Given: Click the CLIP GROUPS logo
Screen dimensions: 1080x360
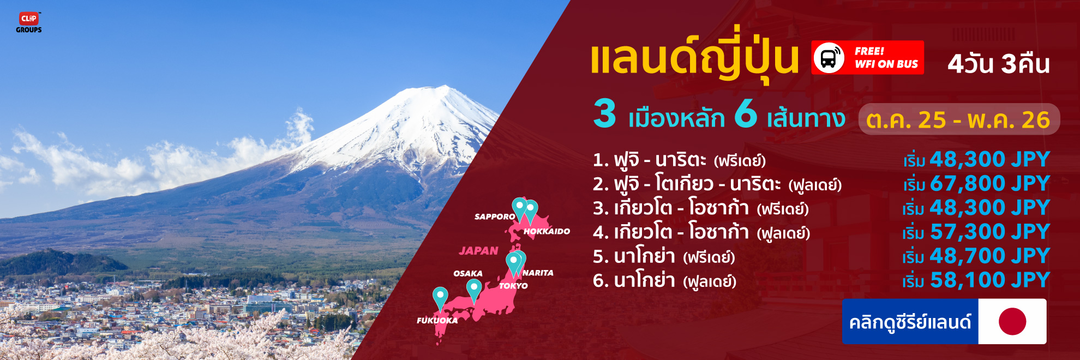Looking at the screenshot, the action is coord(29,22).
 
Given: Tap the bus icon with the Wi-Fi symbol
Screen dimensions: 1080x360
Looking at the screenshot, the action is coord(829,57).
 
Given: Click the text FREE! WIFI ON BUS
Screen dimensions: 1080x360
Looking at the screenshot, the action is coord(886,57).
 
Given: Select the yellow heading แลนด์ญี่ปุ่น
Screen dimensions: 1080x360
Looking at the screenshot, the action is coord(694,57).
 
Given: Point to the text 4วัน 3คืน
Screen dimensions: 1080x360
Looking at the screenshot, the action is coord(999,64).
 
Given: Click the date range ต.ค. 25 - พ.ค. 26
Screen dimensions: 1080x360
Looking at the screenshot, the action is coord(958,119).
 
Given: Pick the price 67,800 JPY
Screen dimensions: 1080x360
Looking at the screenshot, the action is coord(990,183).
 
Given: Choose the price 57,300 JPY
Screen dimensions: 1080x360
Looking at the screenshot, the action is coord(990,232).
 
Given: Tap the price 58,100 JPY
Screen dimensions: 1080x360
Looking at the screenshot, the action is coord(990,280).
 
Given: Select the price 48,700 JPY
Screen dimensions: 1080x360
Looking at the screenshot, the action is coord(990,256).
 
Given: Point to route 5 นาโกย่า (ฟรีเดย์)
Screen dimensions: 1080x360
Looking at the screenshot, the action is coord(664,256).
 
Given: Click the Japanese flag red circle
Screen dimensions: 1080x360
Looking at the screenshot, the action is coord(1012,321).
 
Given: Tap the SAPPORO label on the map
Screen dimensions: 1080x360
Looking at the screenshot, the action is coord(495,217).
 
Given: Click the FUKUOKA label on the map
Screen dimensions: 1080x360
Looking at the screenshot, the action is coord(437,320).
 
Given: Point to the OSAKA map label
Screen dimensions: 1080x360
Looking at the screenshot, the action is coord(468,273).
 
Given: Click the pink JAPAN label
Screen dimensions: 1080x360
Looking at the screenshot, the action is coord(478,251).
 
